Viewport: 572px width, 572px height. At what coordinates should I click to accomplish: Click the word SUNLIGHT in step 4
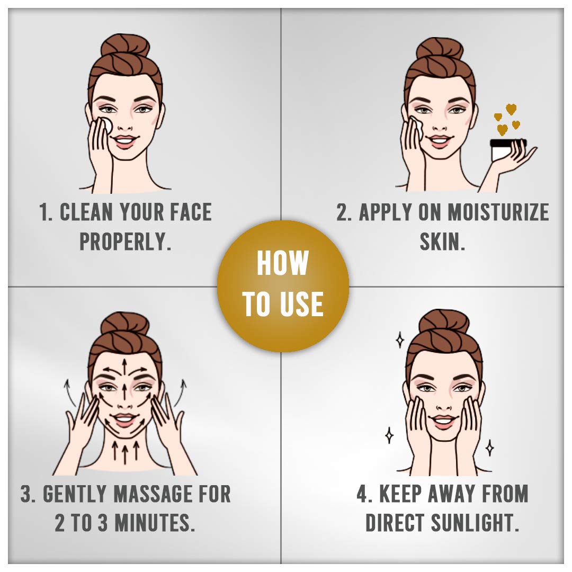click(475, 523)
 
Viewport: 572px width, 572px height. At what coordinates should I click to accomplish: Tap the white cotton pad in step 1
click(106, 126)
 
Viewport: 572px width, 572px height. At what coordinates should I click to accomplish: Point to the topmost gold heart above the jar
click(511, 109)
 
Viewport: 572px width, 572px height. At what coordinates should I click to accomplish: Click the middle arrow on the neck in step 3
click(125, 452)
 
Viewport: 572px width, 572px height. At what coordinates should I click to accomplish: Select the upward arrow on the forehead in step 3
click(125, 368)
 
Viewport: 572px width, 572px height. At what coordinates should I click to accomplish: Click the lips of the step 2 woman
click(440, 141)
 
